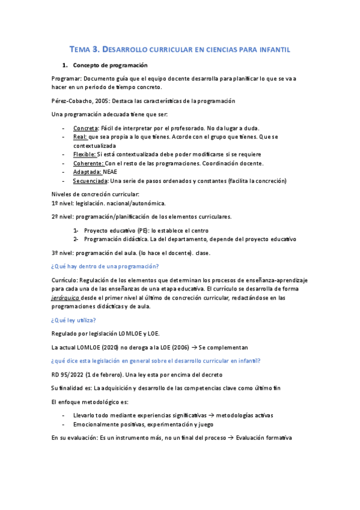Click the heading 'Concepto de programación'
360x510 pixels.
pos(110,64)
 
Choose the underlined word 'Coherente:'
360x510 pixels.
pos(88,163)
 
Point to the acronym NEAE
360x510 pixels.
pos(111,171)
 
